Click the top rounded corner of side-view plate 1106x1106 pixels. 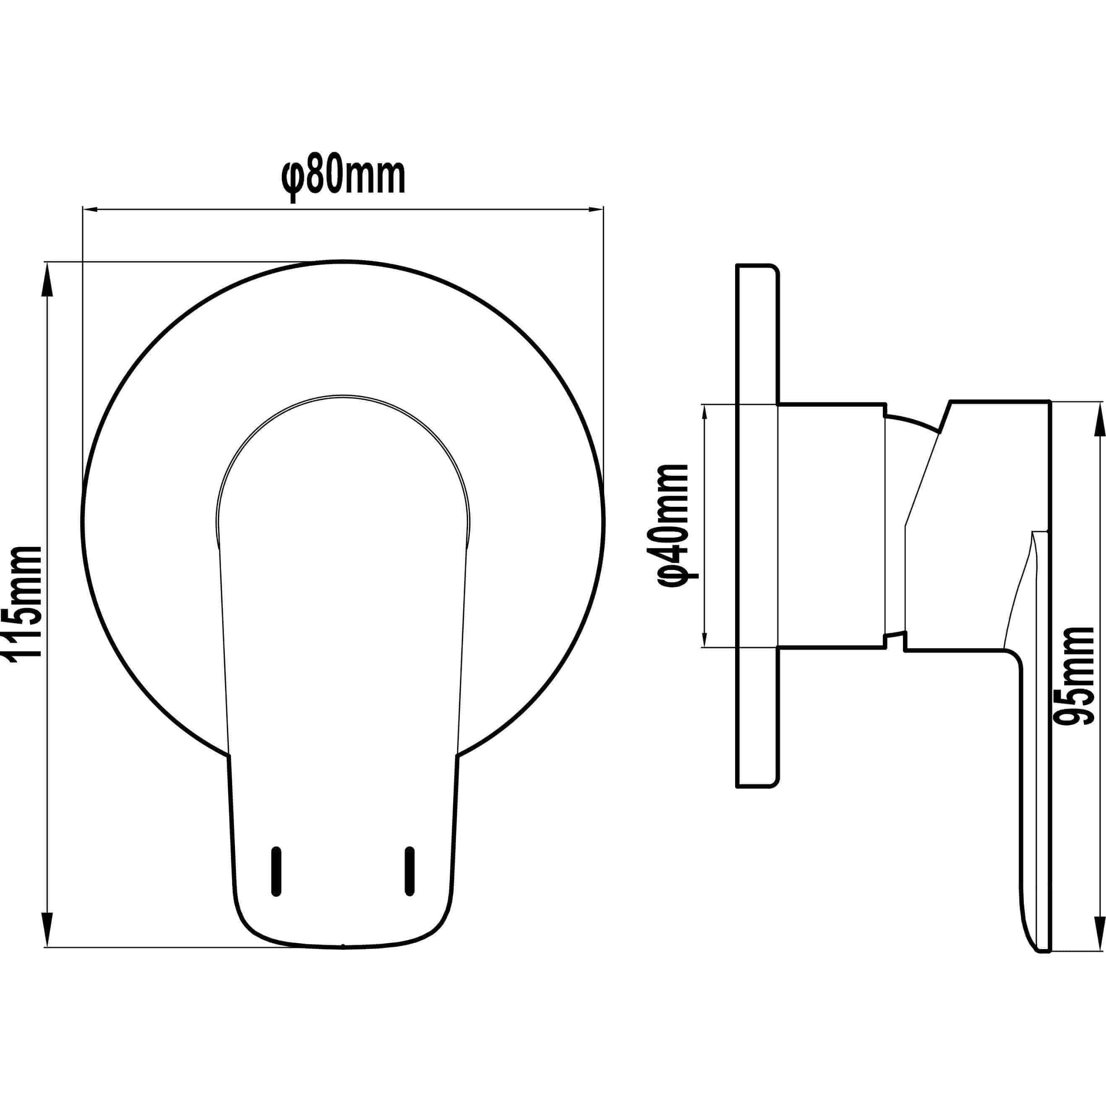pos(775,269)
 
